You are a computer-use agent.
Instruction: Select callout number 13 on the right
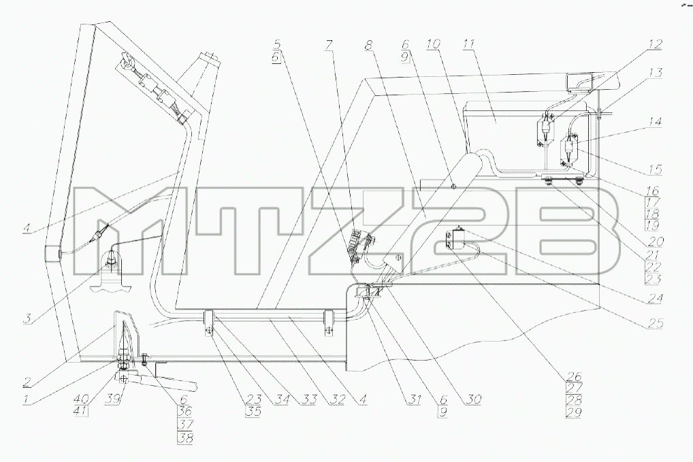point(656,72)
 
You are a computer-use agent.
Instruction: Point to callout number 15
point(656,169)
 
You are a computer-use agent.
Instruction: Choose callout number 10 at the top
point(434,45)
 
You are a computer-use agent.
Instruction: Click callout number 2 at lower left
point(27,381)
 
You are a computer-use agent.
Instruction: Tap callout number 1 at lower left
point(27,399)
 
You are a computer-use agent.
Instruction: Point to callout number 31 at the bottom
point(414,399)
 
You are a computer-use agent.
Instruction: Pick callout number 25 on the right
point(656,324)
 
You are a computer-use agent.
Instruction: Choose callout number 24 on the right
point(656,299)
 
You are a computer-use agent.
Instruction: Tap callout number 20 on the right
point(656,242)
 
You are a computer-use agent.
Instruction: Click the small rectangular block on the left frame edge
point(52,253)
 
